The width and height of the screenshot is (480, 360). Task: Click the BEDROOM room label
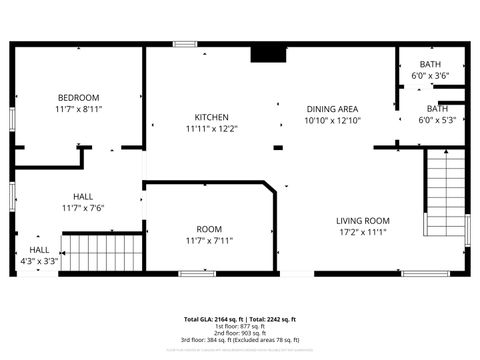(x=78, y=97)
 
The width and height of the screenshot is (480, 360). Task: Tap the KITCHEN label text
(x=211, y=117)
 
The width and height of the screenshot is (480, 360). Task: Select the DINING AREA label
(x=331, y=109)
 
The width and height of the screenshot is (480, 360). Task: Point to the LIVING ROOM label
(x=362, y=220)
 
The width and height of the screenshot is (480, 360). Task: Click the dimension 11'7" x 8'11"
(x=78, y=109)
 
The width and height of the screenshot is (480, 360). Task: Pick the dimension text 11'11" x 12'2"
(x=211, y=129)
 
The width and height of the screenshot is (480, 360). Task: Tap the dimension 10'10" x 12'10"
(x=331, y=121)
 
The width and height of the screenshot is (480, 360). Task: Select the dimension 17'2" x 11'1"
(x=362, y=232)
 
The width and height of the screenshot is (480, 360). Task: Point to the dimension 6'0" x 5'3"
(x=437, y=120)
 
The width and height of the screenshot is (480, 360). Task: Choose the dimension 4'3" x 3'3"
(x=39, y=262)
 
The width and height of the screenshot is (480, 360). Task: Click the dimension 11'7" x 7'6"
(x=83, y=208)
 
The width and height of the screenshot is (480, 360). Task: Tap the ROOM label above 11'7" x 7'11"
(x=209, y=229)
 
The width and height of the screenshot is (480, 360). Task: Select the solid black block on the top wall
(x=265, y=53)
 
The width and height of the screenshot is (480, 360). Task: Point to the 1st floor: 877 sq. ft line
(x=240, y=326)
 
